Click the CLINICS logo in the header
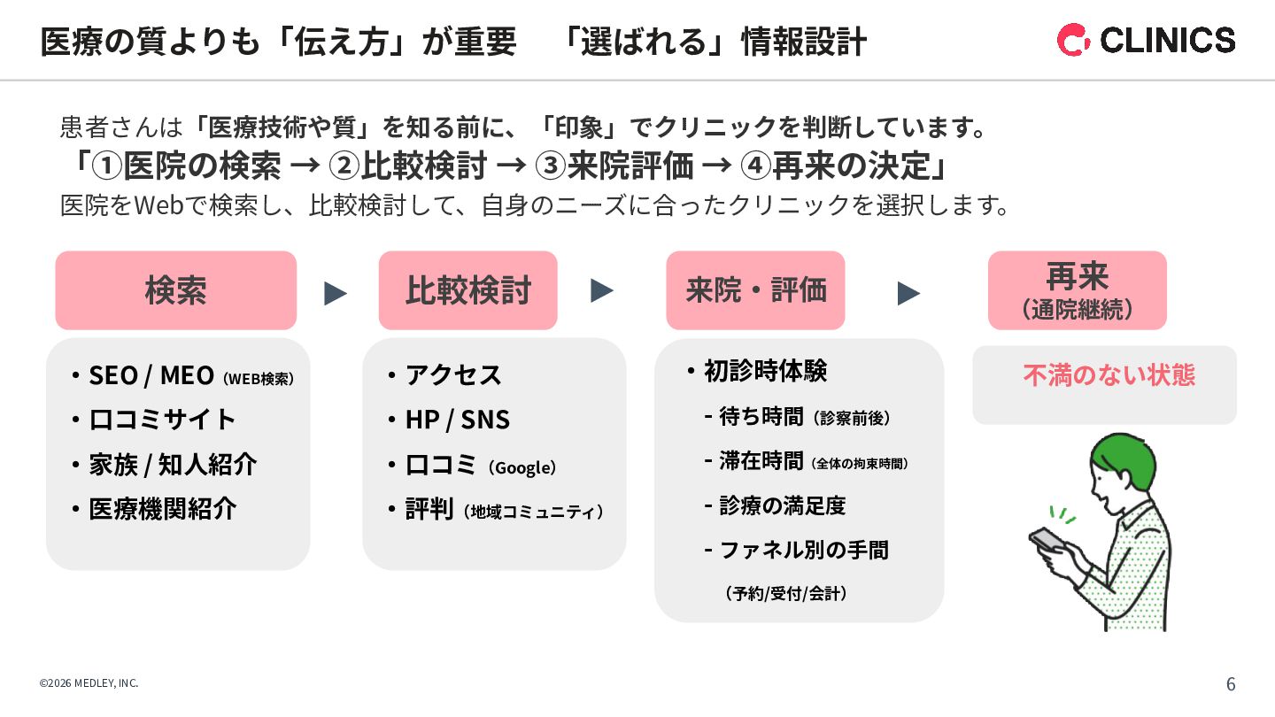[x=1146, y=40]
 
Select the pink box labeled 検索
[x=175, y=290]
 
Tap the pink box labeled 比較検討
[x=467, y=290]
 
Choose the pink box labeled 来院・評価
[x=755, y=290]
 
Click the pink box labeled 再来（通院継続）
[x=1077, y=290]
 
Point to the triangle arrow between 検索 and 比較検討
[x=336, y=293]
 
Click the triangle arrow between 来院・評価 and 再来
[x=908, y=293]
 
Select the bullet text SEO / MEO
[x=151, y=375]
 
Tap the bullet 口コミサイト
[x=162, y=420]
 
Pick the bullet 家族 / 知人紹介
[x=173, y=465]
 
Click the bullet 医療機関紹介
[x=162, y=509]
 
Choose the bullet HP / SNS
[x=457, y=420]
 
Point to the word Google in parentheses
[x=522, y=467]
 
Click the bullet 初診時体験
[x=765, y=371]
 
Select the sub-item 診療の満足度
[x=782, y=505]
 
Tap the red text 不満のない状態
[x=1109, y=375]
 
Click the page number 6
[x=1231, y=684]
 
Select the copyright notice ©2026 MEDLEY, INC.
[x=89, y=683]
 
